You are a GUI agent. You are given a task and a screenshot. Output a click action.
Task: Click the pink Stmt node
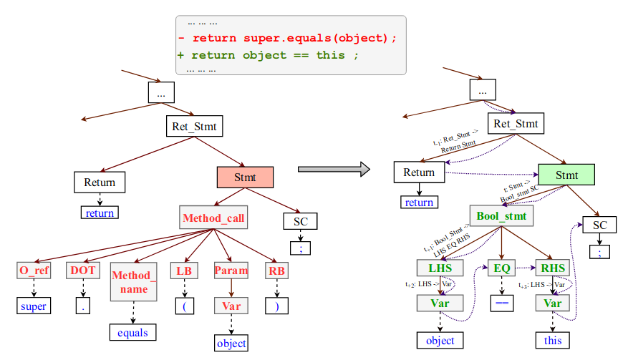tap(245, 177)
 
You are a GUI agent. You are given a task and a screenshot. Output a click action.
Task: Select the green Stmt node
tap(566, 175)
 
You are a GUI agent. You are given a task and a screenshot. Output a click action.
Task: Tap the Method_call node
tap(213, 218)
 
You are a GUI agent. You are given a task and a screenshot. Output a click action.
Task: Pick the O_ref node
tap(34, 271)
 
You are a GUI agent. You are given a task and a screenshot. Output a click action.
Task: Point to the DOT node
tap(83, 271)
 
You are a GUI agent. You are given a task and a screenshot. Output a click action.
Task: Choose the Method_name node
tap(132, 282)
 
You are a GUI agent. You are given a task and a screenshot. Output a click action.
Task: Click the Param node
tap(231, 271)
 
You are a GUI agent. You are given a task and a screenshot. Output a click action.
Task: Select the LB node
tap(185, 271)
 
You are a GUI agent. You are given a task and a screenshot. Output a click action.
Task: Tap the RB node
tap(276, 271)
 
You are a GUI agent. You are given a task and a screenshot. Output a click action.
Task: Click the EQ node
tap(501, 268)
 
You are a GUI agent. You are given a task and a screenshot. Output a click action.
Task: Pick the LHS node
tap(440, 268)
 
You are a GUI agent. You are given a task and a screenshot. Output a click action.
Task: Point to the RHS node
tap(553, 268)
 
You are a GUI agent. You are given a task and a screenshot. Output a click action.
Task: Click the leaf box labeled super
tap(34, 306)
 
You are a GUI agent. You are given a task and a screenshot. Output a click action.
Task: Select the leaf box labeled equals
tap(132, 332)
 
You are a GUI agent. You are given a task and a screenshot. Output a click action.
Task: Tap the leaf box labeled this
tap(553, 340)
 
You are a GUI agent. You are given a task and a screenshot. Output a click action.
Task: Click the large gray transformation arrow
tap(334, 170)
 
